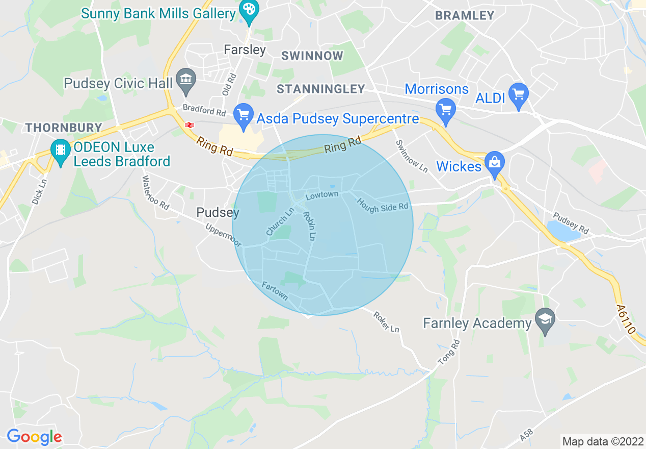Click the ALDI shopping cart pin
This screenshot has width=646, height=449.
519,95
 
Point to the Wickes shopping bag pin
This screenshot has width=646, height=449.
494,163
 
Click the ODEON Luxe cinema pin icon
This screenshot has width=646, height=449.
61,151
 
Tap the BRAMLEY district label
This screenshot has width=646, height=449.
465,15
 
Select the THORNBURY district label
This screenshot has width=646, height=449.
64,128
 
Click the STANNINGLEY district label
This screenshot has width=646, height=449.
321,89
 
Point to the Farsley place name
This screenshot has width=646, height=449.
245,49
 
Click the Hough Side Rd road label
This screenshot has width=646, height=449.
383,205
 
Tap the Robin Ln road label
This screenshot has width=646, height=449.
309,226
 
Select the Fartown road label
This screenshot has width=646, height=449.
275,291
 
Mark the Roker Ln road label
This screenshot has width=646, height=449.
386,322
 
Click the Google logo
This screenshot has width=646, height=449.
34,437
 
